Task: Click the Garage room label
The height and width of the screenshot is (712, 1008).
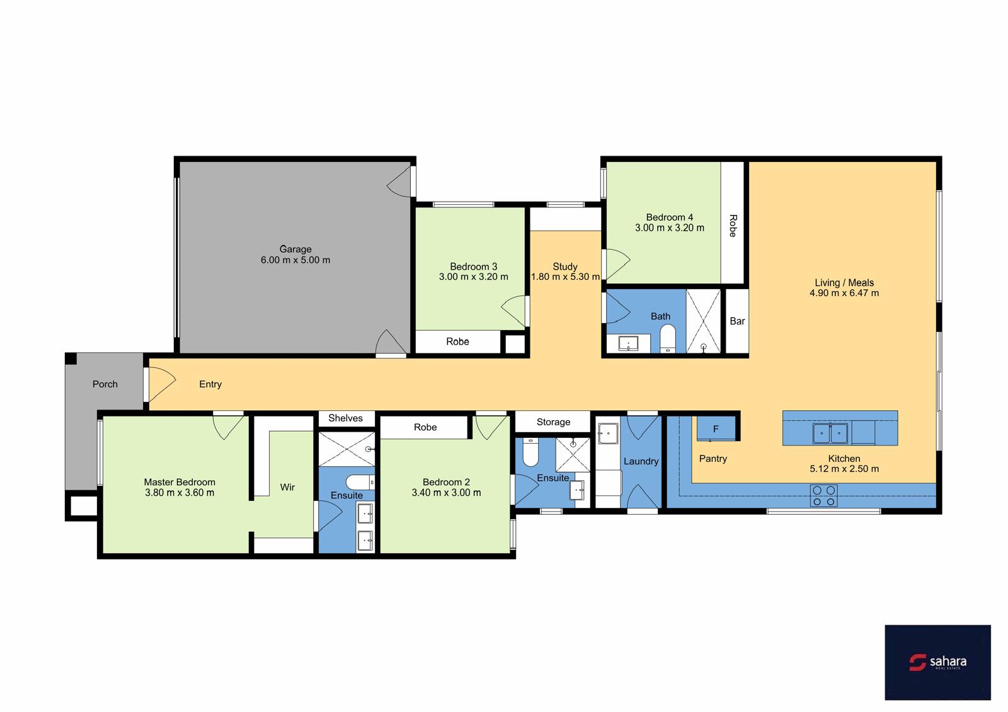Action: tap(295, 249)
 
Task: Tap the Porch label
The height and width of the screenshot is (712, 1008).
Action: tap(105, 384)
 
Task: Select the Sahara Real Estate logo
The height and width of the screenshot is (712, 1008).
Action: tap(937, 662)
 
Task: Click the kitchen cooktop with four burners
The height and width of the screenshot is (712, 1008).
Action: tap(823, 495)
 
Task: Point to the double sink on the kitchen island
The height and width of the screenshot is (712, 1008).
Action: tap(830, 434)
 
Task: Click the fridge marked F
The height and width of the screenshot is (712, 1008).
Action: tap(716, 428)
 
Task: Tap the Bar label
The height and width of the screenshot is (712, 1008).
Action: tap(737, 321)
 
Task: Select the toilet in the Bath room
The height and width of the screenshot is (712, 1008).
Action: tap(667, 338)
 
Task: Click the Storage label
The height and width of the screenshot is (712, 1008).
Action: tap(553, 422)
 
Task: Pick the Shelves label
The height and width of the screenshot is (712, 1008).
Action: tap(345, 418)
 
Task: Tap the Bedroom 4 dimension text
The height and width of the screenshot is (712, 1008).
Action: tap(670, 227)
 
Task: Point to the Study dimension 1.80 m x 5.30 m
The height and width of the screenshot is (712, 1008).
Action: tap(565, 277)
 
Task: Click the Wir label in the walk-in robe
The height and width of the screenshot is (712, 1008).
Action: tap(287, 487)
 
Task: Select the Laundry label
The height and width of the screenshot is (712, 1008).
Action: tap(641, 461)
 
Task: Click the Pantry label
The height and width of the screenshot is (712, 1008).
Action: tap(713, 458)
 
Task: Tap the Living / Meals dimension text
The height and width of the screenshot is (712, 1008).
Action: tap(844, 293)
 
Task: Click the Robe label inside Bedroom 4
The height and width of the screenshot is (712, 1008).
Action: tap(733, 226)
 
